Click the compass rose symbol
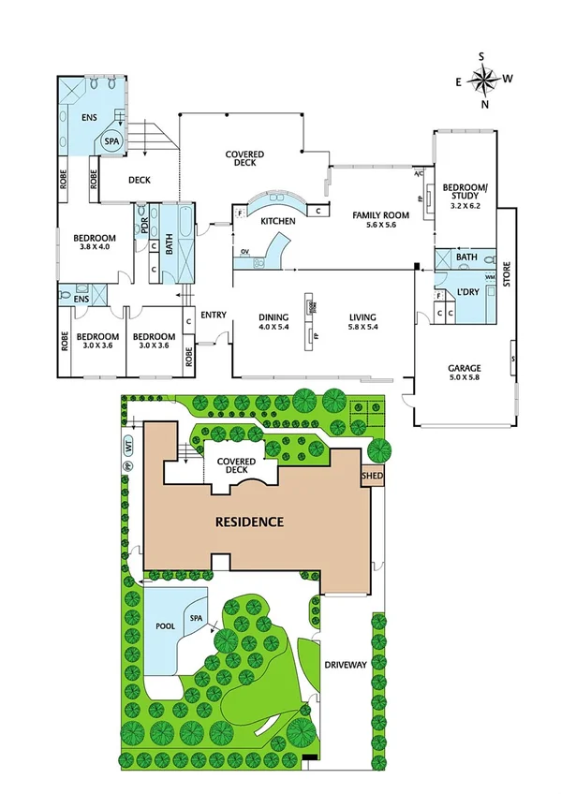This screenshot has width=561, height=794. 482,81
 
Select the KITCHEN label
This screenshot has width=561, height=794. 278,221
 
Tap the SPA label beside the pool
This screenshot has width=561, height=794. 196,620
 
